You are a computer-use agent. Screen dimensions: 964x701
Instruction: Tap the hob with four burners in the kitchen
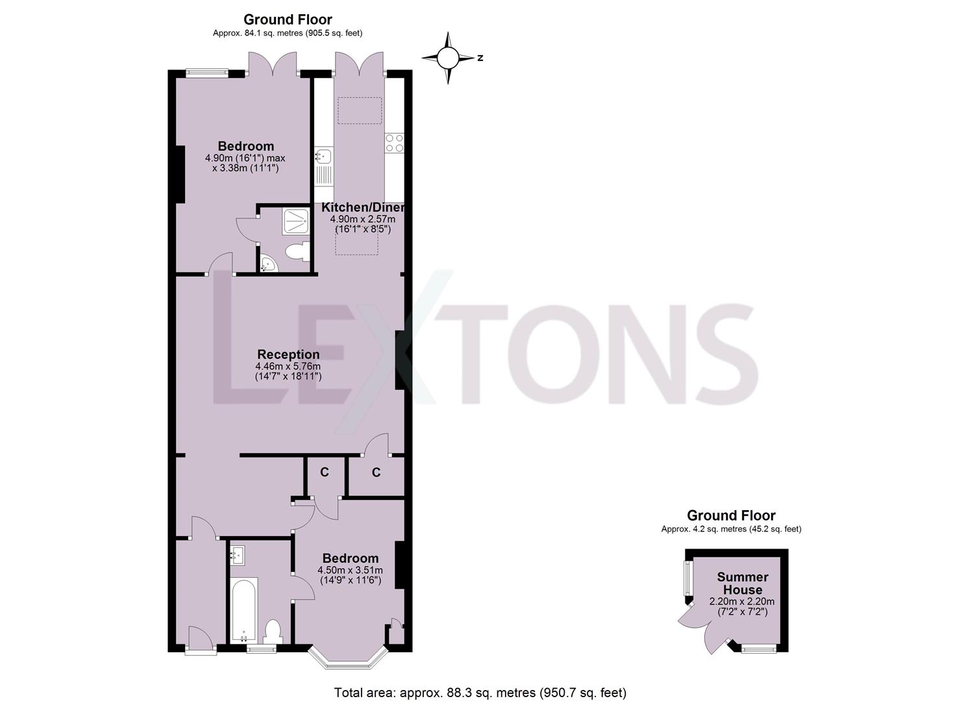click(394, 143)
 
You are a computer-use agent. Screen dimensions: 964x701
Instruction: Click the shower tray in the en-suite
click(295, 221)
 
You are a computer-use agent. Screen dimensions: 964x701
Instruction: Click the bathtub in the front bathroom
click(244, 610)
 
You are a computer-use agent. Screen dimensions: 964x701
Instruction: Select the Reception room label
click(288, 354)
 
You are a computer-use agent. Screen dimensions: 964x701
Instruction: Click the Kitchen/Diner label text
click(363, 207)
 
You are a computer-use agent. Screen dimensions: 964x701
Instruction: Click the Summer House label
click(743, 583)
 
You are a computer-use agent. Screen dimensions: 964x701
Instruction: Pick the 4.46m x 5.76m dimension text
click(288, 367)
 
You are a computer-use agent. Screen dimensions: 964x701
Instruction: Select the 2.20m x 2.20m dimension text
click(742, 601)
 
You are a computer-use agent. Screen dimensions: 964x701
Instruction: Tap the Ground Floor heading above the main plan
click(288, 19)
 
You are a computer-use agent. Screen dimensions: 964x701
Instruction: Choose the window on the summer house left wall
click(689, 578)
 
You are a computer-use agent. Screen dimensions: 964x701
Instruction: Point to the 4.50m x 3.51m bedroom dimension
click(351, 570)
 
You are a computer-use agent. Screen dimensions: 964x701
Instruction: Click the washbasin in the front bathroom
click(238, 555)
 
